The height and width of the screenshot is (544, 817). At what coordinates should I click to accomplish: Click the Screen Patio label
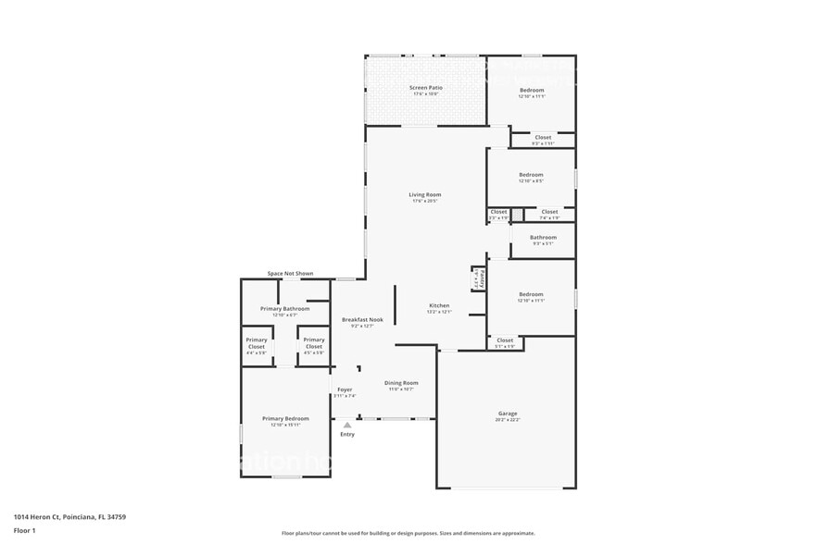(x=425, y=88)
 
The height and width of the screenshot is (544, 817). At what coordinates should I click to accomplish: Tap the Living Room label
(x=425, y=195)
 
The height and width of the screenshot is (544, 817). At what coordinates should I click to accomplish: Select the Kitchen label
(x=438, y=306)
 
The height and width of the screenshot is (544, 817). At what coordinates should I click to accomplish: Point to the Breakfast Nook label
(x=361, y=320)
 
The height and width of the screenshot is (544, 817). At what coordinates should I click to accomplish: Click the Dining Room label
(x=401, y=383)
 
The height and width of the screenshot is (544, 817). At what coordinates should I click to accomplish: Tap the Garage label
(x=508, y=414)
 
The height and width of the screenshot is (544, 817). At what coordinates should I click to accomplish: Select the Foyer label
(x=345, y=390)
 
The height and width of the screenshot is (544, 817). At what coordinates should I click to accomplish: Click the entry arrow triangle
(x=347, y=425)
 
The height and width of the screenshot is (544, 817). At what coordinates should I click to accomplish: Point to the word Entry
(x=347, y=434)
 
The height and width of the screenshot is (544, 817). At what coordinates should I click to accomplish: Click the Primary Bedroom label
(x=285, y=419)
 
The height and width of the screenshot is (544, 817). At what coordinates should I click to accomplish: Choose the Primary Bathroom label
(x=284, y=309)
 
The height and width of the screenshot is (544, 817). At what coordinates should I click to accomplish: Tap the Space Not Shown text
(x=290, y=274)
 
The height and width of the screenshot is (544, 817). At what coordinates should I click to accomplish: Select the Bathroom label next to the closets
(x=543, y=238)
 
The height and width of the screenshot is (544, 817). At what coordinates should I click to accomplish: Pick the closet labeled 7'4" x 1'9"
(x=549, y=213)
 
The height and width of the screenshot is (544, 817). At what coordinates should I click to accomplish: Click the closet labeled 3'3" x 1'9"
(x=498, y=213)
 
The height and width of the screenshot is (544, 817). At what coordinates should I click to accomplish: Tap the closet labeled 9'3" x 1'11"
(x=543, y=138)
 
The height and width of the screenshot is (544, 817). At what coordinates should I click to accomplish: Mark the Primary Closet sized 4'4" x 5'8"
(x=257, y=341)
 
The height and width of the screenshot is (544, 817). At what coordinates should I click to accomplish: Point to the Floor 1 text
(x=24, y=530)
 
